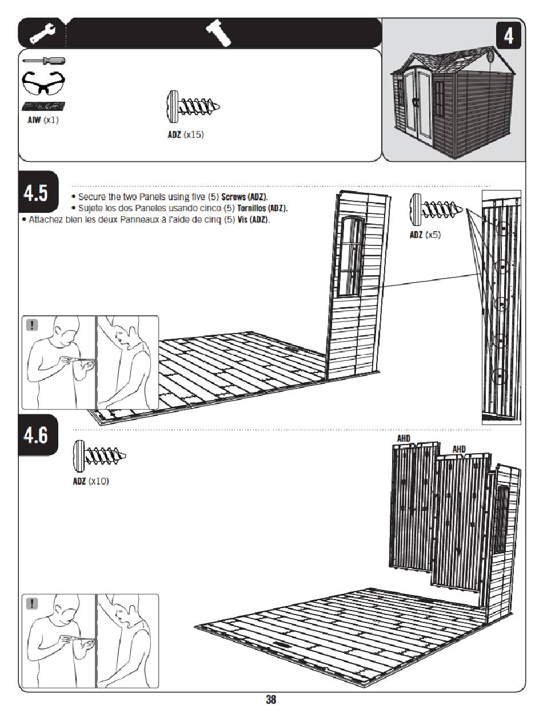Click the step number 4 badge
[x=508, y=35]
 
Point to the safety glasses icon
[x=43, y=83]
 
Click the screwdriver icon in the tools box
[x=44, y=61]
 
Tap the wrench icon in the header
[x=42, y=33]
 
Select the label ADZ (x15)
[x=186, y=134]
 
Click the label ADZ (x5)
[x=425, y=235]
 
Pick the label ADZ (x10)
[x=91, y=481]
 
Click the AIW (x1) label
[x=43, y=120]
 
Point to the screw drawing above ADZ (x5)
[x=436, y=209]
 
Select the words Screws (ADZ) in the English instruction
[x=245, y=197]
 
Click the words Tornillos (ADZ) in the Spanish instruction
[x=262, y=208]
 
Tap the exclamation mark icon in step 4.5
[x=32, y=325]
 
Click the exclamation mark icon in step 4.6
[x=32, y=604]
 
